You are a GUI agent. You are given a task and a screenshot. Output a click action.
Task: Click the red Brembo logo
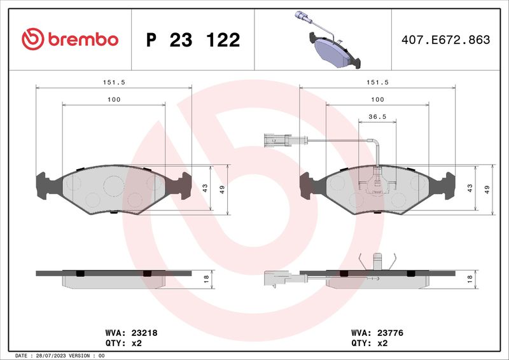(70, 39)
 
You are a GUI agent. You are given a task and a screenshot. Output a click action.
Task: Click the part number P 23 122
(193, 40)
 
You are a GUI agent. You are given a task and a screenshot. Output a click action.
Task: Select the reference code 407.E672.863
(446, 39)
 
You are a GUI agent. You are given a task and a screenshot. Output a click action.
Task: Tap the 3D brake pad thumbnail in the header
(328, 39)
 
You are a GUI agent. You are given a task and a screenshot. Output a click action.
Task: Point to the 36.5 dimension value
(377, 116)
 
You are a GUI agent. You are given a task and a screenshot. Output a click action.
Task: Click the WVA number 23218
(144, 333)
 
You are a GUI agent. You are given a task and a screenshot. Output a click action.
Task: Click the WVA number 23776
(390, 333)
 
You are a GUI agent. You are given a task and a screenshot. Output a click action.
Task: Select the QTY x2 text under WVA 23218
(123, 343)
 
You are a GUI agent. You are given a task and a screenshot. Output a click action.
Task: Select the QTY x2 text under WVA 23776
(370, 343)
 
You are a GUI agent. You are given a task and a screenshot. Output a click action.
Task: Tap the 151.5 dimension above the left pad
(114, 83)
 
